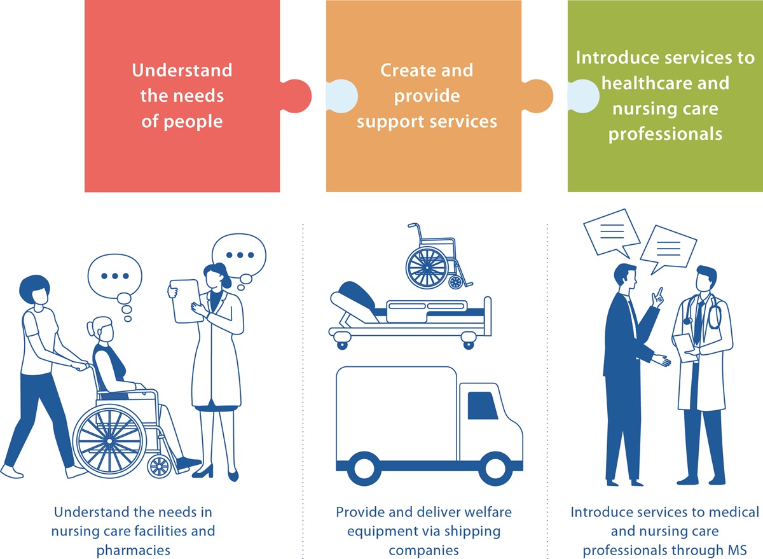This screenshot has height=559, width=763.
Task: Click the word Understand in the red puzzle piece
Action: coord(182,70)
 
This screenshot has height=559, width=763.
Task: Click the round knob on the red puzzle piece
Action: coord(296,96)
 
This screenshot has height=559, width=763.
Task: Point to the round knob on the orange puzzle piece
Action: coord(538,96)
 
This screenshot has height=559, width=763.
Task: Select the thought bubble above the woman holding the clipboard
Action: coord(239,256)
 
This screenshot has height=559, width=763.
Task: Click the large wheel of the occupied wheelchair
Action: coord(109,441)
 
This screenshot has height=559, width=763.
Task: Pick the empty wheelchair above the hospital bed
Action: coord(438,257)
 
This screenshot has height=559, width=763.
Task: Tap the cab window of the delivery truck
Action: coord(483,405)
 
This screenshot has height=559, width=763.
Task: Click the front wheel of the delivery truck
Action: coord(495,469)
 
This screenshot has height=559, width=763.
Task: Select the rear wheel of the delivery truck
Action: coord(364,469)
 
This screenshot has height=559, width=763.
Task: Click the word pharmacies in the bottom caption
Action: coord(133,551)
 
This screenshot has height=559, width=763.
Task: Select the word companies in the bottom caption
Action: coord(423,551)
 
